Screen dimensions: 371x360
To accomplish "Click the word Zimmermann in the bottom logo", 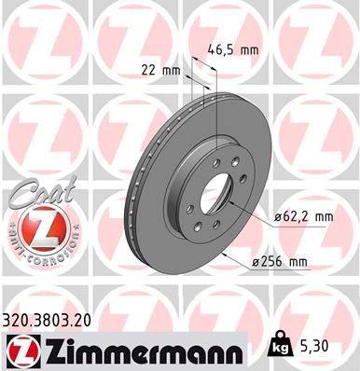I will [140, 349].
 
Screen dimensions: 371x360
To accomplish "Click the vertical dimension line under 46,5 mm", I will [215, 103].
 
